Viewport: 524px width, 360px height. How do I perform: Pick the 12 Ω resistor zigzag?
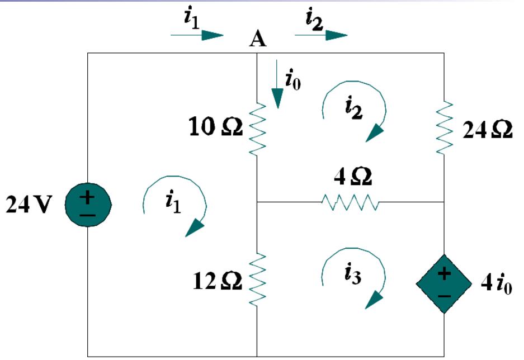(x=256, y=280)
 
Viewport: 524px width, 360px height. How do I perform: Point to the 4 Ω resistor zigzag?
(x=351, y=202)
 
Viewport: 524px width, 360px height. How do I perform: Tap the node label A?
(x=257, y=39)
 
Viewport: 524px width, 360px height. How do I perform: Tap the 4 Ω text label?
(x=351, y=179)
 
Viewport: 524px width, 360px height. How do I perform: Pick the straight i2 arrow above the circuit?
(x=320, y=35)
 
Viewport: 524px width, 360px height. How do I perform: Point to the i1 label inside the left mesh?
(x=174, y=201)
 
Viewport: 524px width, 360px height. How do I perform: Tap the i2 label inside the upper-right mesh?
(x=353, y=107)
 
